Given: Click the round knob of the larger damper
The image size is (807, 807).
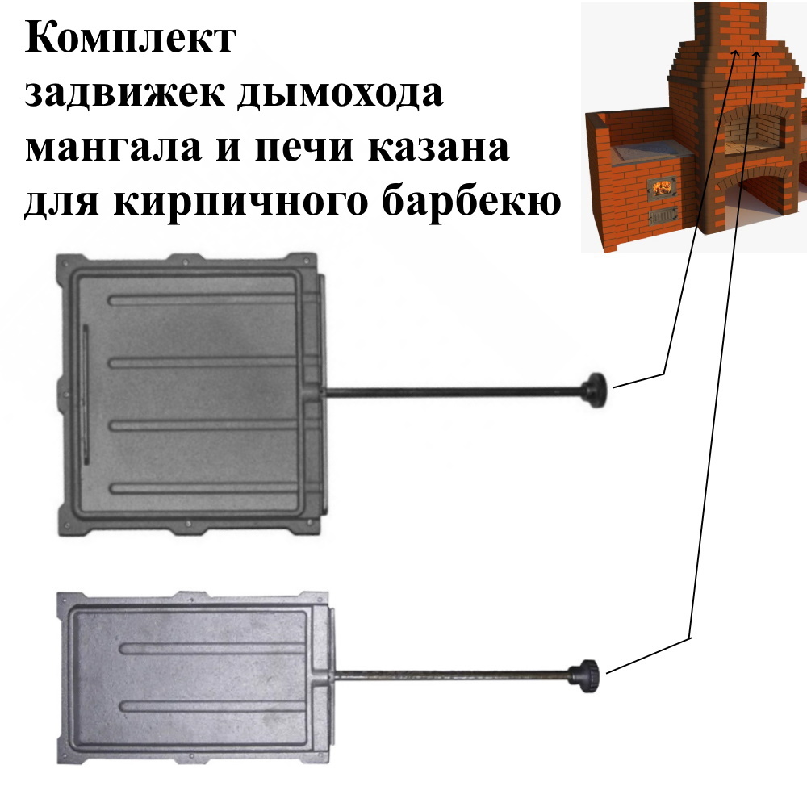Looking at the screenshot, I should pyautogui.click(x=596, y=391).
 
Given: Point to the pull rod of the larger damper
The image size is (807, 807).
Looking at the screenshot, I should pyautogui.click(x=452, y=393).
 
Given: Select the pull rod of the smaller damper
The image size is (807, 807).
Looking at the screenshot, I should pyautogui.click(x=452, y=674).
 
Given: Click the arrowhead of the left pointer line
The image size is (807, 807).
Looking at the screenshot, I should pyautogui.click(x=736, y=52).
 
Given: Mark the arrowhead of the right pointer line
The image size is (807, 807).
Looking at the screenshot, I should pyautogui.click(x=756, y=55).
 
